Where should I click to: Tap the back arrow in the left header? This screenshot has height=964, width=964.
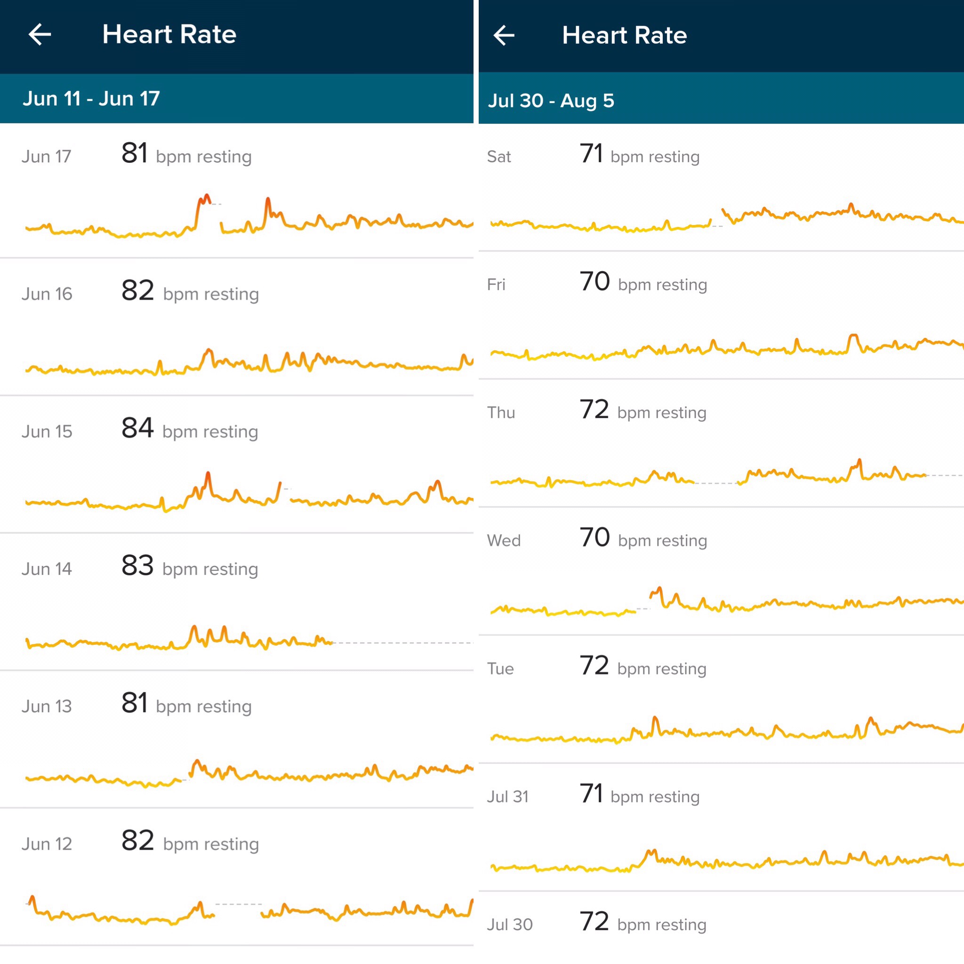tap(40, 34)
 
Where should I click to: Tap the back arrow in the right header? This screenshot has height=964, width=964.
tap(504, 35)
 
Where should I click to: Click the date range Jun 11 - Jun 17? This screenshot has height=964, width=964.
tap(91, 98)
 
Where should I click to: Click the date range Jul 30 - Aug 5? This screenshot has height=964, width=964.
tap(551, 100)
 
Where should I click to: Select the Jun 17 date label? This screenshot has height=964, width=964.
tap(47, 156)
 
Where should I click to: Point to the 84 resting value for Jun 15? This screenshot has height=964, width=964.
tap(137, 428)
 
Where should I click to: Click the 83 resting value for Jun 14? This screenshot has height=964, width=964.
tap(137, 566)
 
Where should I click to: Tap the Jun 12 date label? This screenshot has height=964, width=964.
tap(47, 844)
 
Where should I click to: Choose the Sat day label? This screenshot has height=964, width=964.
tap(499, 157)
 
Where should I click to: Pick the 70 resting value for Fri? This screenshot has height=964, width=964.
tap(594, 281)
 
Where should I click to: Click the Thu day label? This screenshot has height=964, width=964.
tap(501, 413)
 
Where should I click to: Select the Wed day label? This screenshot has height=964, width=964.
tap(504, 540)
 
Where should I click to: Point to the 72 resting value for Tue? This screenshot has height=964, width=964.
tap(594, 666)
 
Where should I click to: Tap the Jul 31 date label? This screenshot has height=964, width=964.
tap(507, 796)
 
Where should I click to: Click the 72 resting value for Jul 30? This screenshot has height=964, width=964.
tap(594, 922)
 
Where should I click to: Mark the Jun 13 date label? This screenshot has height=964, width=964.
tap(47, 706)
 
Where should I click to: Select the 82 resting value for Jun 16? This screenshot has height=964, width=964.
tap(137, 290)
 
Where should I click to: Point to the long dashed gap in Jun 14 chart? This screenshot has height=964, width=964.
tap(402, 643)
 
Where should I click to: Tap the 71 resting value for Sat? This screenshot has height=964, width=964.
tap(591, 153)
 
